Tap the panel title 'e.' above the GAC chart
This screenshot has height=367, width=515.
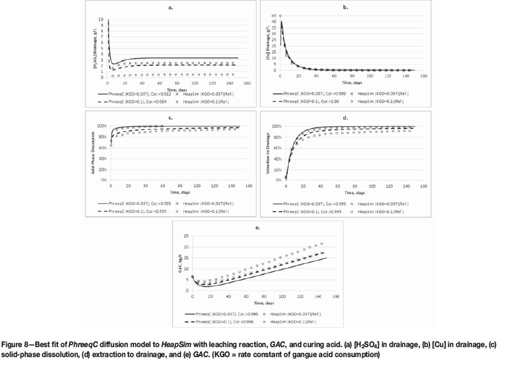[257, 229]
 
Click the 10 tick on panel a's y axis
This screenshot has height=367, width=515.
[102, 19]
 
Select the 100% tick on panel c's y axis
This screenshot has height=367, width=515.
[103, 126]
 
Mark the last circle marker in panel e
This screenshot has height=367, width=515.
[322, 244]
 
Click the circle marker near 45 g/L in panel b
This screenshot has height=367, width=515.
[281, 16]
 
